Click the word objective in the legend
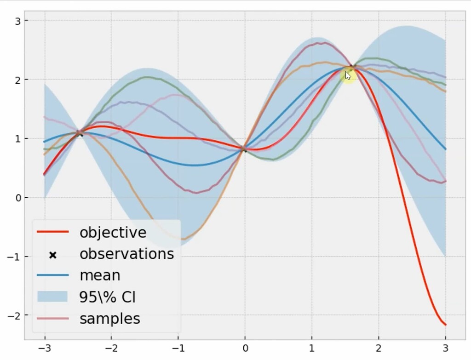click(x=113, y=232)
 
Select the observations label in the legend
click(x=126, y=254)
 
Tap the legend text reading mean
click(x=100, y=275)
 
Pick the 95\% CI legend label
click(x=108, y=297)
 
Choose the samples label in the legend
click(x=109, y=319)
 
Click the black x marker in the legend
click(x=52, y=254)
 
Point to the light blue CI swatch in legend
click(x=52, y=297)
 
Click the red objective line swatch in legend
click(x=52, y=233)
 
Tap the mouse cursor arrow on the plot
click(x=348, y=75)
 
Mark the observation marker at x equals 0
click(x=245, y=149)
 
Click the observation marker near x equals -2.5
click(x=80, y=133)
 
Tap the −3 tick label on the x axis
click(x=45, y=349)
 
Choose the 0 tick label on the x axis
click(x=245, y=349)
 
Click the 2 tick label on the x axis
click(x=379, y=349)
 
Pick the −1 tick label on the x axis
click(x=178, y=349)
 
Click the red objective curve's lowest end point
click(x=445, y=325)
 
